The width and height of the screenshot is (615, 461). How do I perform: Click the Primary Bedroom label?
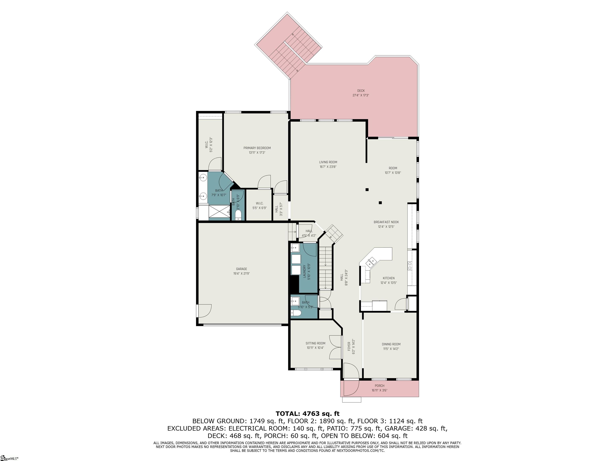pyautogui.click(x=257, y=148)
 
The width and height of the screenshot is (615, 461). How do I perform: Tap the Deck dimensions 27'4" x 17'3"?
pyautogui.click(x=361, y=95)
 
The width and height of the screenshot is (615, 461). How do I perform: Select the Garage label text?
pyautogui.click(x=241, y=269)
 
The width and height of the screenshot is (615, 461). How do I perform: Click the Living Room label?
pyautogui.click(x=328, y=162)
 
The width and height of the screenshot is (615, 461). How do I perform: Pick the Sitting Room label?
pyautogui.click(x=315, y=343)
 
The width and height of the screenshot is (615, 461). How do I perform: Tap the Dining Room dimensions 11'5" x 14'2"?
pyautogui.click(x=391, y=349)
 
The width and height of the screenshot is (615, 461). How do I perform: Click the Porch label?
pyautogui.click(x=379, y=386)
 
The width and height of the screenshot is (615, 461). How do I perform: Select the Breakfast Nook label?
pyautogui.click(x=386, y=222)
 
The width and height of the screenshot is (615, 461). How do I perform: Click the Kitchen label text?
pyautogui.click(x=388, y=278)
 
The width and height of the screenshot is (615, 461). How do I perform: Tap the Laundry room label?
pyautogui.click(x=305, y=271)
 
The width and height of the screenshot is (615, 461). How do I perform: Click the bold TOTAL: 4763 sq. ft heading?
pyautogui.click(x=307, y=414)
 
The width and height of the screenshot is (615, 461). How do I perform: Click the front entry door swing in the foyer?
pyautogui.click(x=351, y=371)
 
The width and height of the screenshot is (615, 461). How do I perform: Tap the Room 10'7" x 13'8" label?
pyautogui.click(x=393, y=168)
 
